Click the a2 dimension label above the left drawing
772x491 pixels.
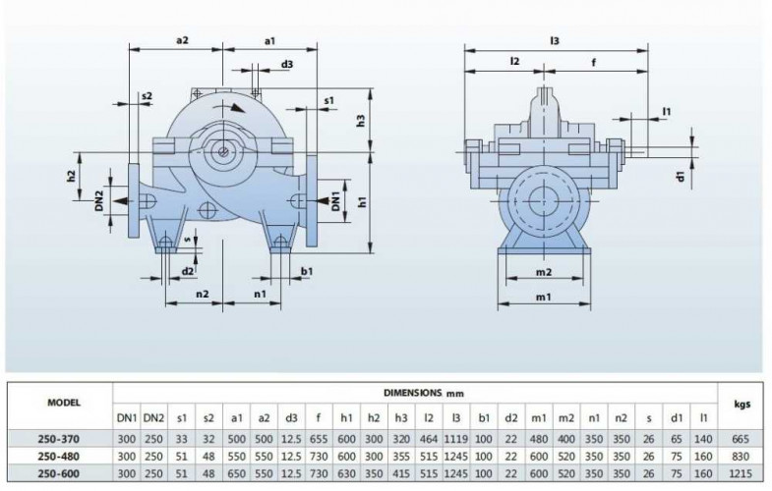click(183, 40)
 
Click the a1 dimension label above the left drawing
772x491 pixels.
click(269, 40)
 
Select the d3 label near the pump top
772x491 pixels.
click(286, 64)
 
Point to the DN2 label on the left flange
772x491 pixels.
click(100, 201)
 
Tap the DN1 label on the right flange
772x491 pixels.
click(336, 200)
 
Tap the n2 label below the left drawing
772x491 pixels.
click(202, 293)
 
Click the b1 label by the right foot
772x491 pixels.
click(307, 270)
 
